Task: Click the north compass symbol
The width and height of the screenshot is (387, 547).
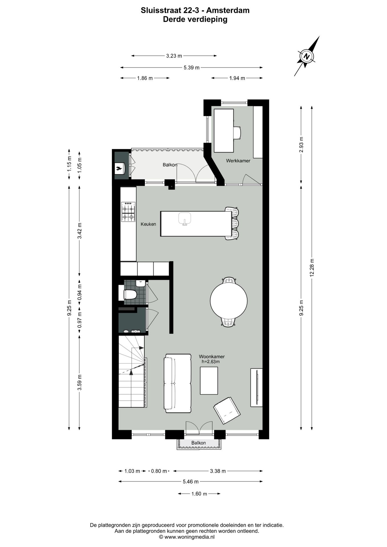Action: (x=306, y=56)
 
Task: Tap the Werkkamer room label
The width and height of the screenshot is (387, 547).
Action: (x=238, y=161)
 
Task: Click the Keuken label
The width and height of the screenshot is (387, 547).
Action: (x=148, y=224)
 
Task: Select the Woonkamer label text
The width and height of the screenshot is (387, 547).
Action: (x=211, y=357)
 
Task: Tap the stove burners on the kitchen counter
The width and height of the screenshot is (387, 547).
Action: (x=128, y=212)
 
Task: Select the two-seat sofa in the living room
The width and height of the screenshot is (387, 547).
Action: (x=178, y=383)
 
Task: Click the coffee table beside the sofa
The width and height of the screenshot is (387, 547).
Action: (x=209, y=381)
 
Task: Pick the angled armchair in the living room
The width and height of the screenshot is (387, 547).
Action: (x=227, y=411)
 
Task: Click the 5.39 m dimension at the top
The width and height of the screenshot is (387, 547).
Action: (x=192, y=68)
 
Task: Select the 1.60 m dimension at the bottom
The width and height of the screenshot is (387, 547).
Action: (x=199, y=494)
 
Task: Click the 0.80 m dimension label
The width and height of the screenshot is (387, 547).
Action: (x=159, y=471)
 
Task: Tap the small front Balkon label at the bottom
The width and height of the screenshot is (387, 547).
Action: (x=198, y=443)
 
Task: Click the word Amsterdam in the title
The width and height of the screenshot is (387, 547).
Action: (x=228, y=10)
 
